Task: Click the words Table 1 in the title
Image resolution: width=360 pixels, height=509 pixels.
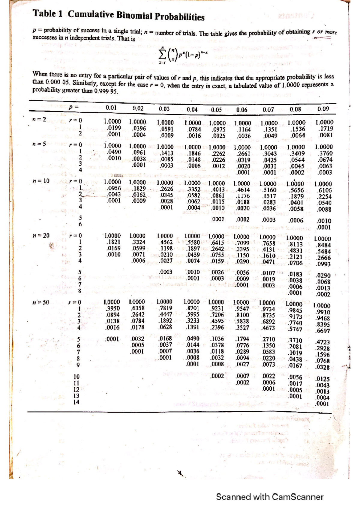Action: coord(48,14)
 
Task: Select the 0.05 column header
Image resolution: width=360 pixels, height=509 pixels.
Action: coord(216,110)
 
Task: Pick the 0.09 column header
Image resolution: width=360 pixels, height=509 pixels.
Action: coord(323,109)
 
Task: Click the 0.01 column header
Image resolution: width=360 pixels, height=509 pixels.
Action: coord(111,108)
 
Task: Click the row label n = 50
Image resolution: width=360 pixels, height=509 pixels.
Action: coord(41,302)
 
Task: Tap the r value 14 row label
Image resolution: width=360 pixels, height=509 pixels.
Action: coord(76,402)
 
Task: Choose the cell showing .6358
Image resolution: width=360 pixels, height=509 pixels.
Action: coord(138,308)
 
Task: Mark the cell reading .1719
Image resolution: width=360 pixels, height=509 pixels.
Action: coord(325,129)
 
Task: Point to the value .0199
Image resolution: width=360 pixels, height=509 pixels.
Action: coord(113,128)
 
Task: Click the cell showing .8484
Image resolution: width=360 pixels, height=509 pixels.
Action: coord(324,245)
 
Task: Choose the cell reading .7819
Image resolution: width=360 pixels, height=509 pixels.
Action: coord(165,308)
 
